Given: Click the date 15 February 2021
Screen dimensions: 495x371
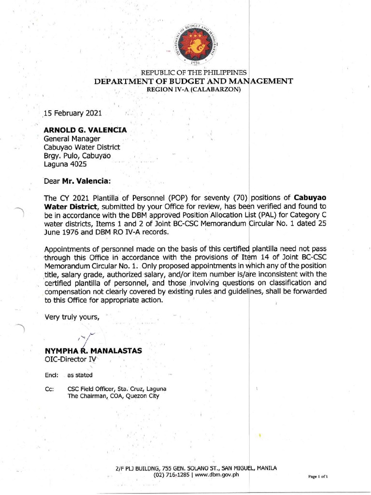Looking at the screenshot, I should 73,114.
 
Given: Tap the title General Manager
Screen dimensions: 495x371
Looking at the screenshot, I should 72,139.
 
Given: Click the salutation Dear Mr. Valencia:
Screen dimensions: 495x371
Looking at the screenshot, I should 77,181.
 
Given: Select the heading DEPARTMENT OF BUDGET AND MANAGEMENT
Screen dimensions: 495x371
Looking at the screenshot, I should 193,81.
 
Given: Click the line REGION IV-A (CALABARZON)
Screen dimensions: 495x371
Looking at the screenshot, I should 193,89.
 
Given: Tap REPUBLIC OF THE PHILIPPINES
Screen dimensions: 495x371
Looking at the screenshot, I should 193,73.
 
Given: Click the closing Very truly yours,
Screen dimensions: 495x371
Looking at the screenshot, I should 72,317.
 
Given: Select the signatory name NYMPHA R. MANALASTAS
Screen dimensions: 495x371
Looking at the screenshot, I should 93,351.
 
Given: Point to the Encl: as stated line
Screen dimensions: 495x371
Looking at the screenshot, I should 68,375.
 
